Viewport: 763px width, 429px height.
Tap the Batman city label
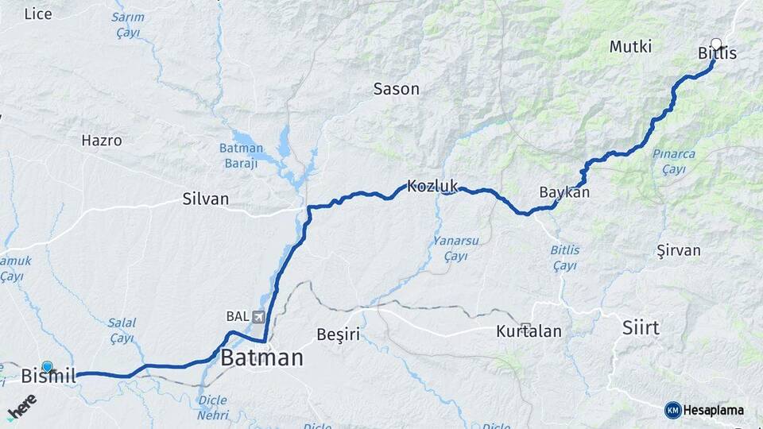pyautogui.click(x=261, y=358)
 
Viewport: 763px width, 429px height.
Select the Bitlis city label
pyautogui.click(x=717, y=54)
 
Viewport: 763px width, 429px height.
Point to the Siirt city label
pyautogui.click(x=641, y=328)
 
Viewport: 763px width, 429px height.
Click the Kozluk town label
pyautogui.click(x=432, y=187)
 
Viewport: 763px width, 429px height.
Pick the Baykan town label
pyautogui.click(x=564, y=192)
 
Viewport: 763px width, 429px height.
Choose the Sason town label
pyautogui.click(x=396, y=89)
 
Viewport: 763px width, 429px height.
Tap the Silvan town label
pyautogui.click(x=205, y=199)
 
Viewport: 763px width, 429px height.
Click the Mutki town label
pyautogui.click(x=630, y=47)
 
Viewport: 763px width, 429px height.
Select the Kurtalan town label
pyautogui.click(x=529, y=331)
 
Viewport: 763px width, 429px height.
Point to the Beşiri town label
pyautogui.click(x=338, y=334)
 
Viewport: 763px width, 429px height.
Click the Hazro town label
pyautogui.click(x=102, y=141)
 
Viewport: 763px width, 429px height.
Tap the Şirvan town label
pyautogui.click(x=679, y=250)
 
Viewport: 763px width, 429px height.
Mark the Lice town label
pyautogui.click(x=38, y=14)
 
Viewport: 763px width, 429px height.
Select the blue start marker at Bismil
pyautogui.click(x=48, y=366)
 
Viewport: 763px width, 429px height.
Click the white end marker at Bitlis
pyautogui.click(x=716, y=44)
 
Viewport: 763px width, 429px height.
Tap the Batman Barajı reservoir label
pyautogui.click(x=240, y=155)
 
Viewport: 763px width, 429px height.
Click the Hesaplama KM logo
pyautogui.click(x=706, y=410)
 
